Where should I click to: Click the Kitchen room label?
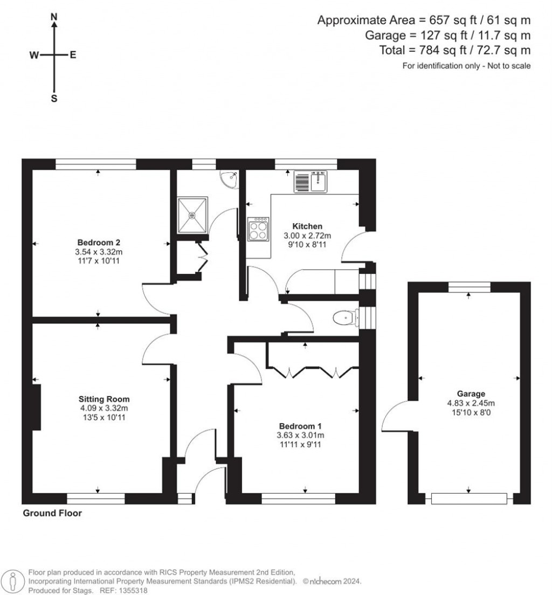click(307, 226)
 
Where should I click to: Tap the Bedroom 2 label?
click(99, 242)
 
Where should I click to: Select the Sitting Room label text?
click(104, 399)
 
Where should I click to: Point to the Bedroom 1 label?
click(300, 426)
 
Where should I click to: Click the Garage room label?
click(471, 394)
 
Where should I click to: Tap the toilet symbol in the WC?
click(346, 317)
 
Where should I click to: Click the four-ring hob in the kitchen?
click(258, 229)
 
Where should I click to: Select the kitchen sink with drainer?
click(310, 182)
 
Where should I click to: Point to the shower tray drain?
click(192, 215)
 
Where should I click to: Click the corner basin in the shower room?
click(229, 178)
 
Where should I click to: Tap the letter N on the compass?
click(54, 16)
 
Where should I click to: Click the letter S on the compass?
click(54, 99)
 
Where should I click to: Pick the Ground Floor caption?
click(52, 513)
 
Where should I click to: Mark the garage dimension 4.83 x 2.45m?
click(471, 403)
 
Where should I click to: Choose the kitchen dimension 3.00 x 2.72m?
click(307, 236)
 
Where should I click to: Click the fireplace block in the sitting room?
click(37, 407)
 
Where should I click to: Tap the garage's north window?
click(469, 287)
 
